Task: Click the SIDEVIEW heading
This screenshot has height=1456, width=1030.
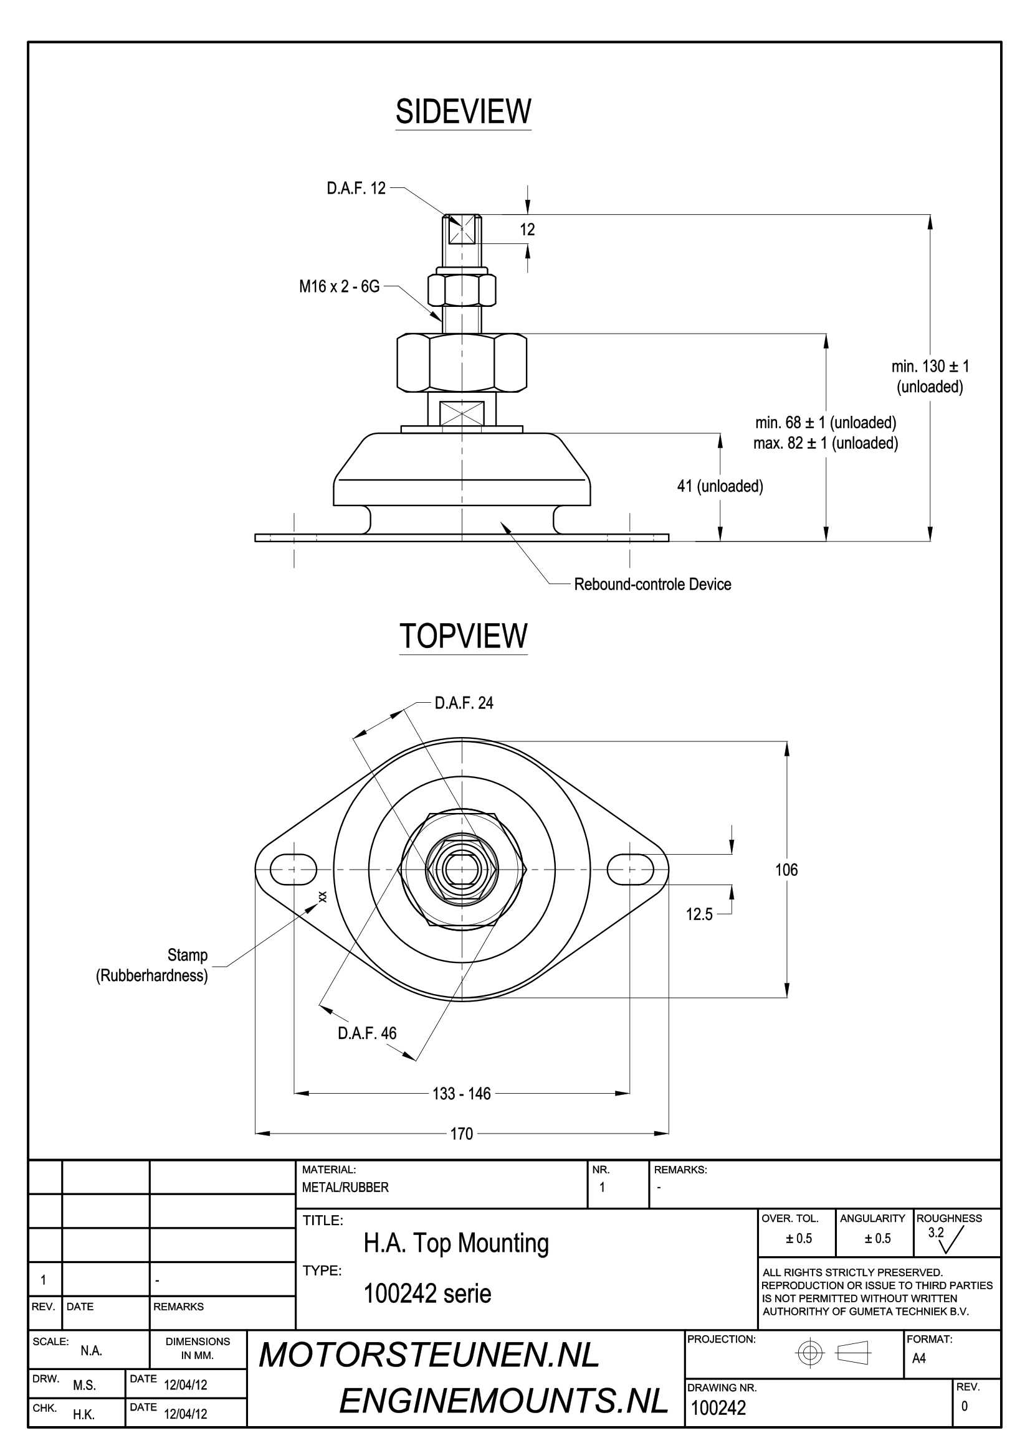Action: click(x=462, y=111)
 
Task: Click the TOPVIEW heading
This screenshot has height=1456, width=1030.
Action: click(x=463, y=636)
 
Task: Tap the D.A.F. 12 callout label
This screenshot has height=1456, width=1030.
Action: click(x=356, y=189)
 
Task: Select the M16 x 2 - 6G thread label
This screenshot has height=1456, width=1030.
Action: click(x=340, y=286)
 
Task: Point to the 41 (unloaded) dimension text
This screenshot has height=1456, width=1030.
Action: click(x=720, y=486)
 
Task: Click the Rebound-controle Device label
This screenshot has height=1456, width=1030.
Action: click(x=652, y=584)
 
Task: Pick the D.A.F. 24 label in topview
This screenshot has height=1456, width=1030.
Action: click(x=464, y=703)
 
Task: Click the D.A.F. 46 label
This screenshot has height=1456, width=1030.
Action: click(x=367, y=1033)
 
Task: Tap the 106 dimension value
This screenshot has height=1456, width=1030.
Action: click(x=786, y=870)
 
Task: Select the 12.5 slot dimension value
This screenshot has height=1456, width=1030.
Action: click(x=699, y=914)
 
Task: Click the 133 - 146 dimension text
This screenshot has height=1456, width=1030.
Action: click(x=461, y=1093)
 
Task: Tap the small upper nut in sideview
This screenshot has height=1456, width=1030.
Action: click(x=462, y=290)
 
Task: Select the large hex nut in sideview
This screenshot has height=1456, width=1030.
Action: click(x=462, y=362)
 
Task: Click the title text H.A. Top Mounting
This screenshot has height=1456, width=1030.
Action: click(x=455, y=1244)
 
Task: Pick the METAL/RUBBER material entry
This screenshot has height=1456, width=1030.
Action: click(x=345, y=1187)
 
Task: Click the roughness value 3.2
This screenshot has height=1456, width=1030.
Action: click(x=935, y=1233)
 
